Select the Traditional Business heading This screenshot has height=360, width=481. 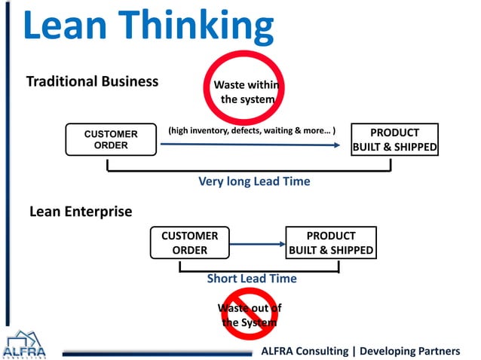92,81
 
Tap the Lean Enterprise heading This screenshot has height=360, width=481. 80,212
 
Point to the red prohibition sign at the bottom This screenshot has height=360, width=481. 248,315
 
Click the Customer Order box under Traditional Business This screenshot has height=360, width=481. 110,140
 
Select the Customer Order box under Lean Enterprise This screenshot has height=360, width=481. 189,243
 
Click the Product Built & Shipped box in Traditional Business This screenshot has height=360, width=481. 394,139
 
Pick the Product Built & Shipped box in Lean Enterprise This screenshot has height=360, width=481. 330,243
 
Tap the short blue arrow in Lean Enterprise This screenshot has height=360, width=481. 256,243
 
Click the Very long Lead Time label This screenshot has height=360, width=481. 254,182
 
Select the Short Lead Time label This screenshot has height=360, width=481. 252,279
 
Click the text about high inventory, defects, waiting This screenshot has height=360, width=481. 251,130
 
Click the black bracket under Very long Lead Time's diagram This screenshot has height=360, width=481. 249,170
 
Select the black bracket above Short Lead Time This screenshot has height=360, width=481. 259,268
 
